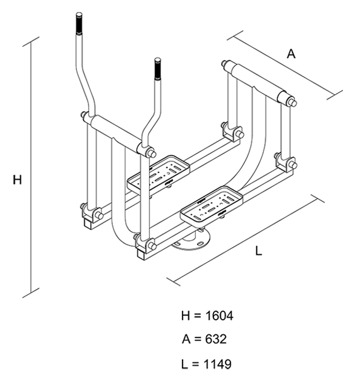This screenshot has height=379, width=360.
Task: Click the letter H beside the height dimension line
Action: (x=17, y=180)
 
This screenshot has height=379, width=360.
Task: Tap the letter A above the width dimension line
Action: (x=291, y=54)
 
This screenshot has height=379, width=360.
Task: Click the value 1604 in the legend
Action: (x=219, y=316)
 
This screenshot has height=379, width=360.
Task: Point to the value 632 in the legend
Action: (x=216, y=339)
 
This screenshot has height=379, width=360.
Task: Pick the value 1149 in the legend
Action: (x=217, y=364)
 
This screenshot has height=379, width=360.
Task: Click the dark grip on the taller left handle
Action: (x=79, y=24)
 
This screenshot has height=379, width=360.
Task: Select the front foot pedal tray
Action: (x=212, y=205)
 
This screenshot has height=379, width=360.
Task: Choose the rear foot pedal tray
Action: (x=159, y=174)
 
